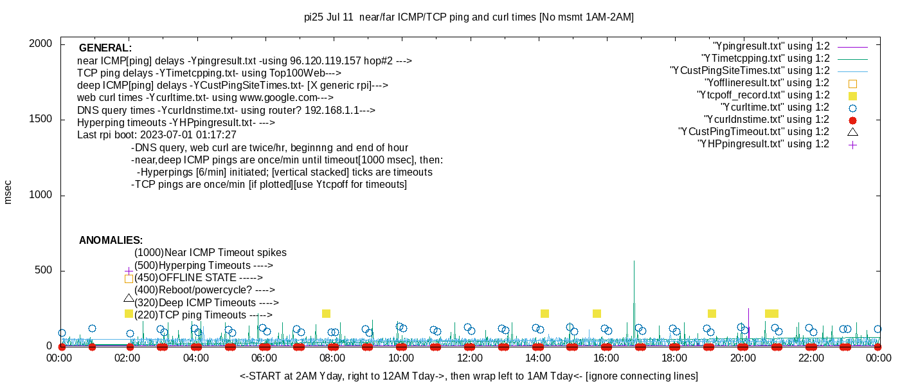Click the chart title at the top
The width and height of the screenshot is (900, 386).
(469, 17)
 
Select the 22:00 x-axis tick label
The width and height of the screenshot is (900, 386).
(810, 358)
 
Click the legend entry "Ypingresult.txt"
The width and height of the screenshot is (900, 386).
(771, 46)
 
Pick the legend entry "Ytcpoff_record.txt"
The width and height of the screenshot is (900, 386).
(763, 95)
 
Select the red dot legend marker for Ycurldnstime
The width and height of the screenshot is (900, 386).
(852, 120)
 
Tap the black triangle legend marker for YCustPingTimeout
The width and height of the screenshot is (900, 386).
(852, 132)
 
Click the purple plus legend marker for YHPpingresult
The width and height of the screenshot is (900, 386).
(852, 144)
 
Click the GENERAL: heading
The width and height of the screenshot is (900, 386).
(105, 48)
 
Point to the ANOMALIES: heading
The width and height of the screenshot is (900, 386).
(111, 241)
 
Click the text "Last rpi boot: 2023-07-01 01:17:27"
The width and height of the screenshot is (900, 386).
(157, 135)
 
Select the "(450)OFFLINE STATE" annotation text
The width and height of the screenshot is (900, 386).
(198, 278)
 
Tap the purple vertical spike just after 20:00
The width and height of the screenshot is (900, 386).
(748, 322)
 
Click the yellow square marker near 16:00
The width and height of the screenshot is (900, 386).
(597, 313)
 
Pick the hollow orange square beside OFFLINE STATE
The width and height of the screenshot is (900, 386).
(129, 279)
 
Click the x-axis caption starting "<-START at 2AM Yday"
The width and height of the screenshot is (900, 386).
(469, 376)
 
